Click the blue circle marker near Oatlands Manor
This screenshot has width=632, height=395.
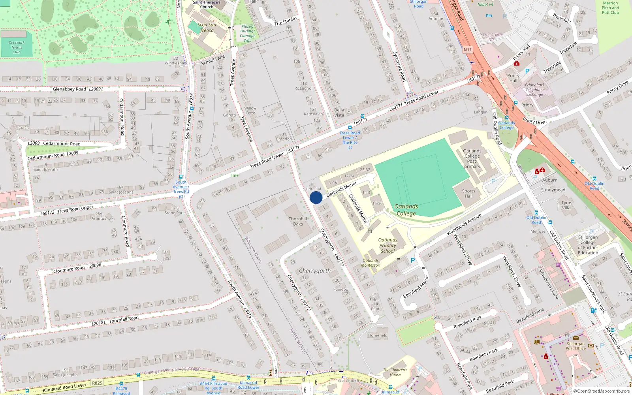pos(316,197)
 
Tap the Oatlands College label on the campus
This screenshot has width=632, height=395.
pos(406,210)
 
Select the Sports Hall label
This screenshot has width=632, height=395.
pos(468,194)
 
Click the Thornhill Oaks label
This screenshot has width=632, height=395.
pos(298,221)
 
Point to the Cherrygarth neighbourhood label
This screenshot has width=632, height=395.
pos(315,271)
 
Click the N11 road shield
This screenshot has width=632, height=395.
pos(468,50)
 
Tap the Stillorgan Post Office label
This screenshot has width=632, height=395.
pos(576,346)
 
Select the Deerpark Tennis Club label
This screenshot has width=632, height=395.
pos(17,47)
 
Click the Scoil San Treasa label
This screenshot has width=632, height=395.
pos(207,27)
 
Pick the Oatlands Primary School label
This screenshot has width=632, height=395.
pos(388,245)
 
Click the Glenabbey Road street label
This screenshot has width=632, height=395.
pos(70,89)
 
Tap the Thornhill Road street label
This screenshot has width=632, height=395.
pos(124,319)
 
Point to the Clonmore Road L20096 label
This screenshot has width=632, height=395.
pos(77,269)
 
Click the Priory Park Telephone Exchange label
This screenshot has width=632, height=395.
pos(534,90)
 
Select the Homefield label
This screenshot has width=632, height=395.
pos(378,335)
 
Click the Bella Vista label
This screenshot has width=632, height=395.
pos(339,113)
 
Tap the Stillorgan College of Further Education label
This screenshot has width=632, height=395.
pos(588,245)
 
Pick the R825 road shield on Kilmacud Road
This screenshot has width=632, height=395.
pos(97,383)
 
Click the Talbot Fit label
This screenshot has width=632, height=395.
pos(485,5)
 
